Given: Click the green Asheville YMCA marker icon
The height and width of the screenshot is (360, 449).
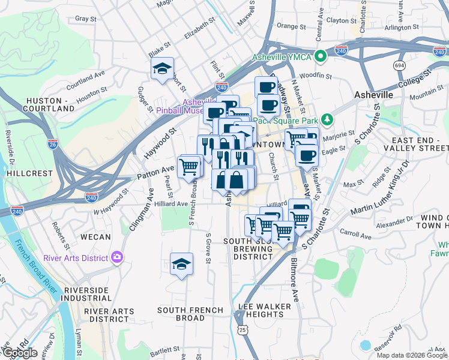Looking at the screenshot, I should [x=321, y=57].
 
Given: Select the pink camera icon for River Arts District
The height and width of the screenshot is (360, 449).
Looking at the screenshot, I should [x=116, y=257].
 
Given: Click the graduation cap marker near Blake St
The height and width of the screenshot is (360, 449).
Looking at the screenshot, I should [x=162, y=70].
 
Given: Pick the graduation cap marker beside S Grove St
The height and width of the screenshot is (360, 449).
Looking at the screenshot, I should [x=181, y=265].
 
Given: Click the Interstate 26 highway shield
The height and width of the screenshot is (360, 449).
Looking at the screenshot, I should [x=53, y=143].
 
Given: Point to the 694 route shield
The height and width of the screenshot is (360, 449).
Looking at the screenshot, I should [x=399, y=65].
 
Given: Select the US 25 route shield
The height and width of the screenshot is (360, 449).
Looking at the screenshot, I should [x=242, y=330].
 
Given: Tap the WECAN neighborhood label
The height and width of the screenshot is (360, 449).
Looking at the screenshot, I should [x=95, y=237].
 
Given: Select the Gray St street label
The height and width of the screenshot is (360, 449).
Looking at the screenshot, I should [x=86, y=19].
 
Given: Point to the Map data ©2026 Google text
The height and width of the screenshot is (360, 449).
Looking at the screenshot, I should [x=412, y=355].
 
